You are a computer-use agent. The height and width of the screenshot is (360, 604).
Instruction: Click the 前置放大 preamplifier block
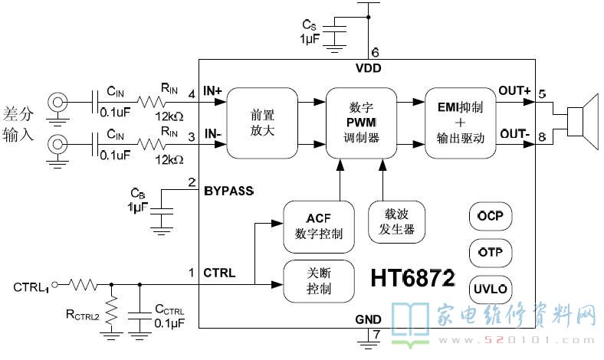coord(261,123)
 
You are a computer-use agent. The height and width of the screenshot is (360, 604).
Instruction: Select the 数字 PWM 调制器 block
coord(360,123)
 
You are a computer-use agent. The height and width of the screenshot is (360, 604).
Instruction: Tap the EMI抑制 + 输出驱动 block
coord(460,123)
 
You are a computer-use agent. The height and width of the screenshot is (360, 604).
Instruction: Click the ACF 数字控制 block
coord(319,227)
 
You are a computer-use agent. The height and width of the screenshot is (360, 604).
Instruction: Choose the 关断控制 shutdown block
coord(319,281)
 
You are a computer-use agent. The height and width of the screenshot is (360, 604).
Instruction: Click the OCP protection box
coord(490,217)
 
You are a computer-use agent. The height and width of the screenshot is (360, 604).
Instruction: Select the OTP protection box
coord(490,252)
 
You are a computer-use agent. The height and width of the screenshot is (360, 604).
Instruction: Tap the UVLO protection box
coord(490,288)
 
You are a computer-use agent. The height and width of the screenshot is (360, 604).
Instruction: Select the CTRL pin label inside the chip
coord(219,272)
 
